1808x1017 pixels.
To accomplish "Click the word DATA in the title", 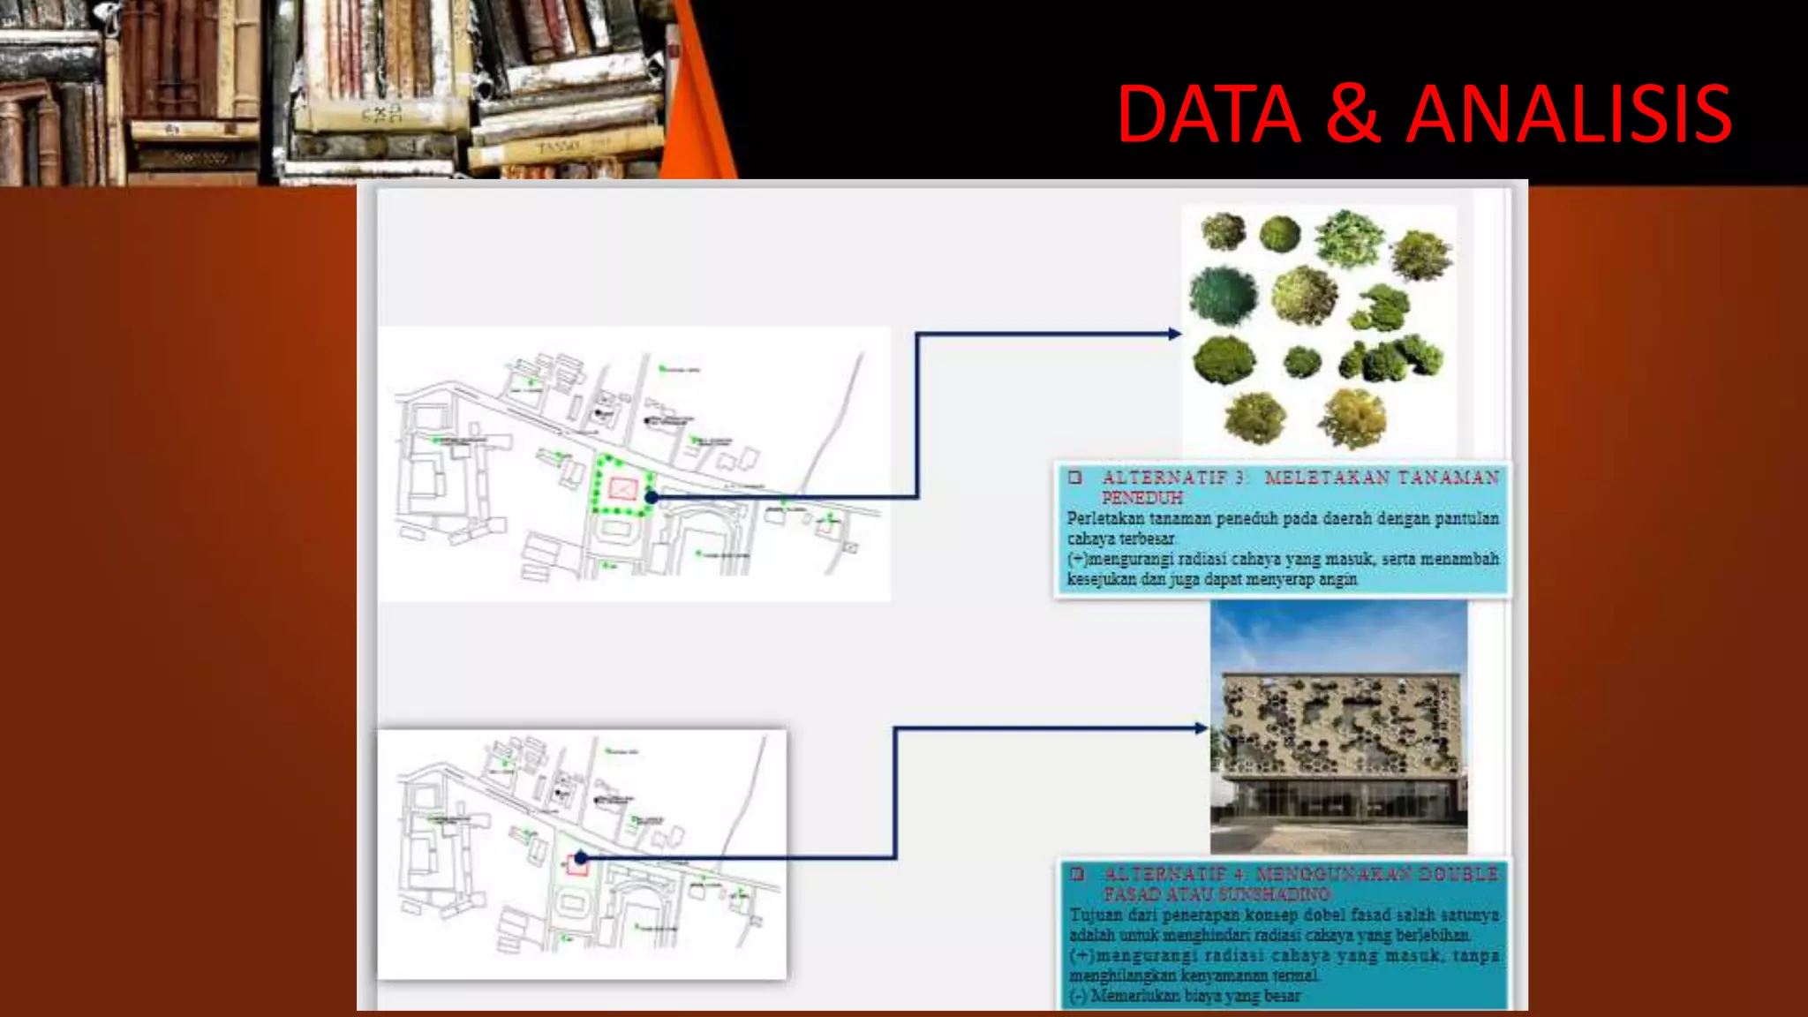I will tap(1209, 114).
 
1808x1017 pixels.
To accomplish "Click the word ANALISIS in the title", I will tap(1569, 114).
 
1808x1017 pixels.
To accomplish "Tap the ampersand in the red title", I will tap(1352, 114).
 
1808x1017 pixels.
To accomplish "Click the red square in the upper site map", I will tap(622, 488).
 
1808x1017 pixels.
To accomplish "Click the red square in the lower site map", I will tap(577, 865).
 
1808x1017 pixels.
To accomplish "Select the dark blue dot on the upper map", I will tap(652, 498).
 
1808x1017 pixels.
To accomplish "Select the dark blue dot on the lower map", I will tap(581, 857).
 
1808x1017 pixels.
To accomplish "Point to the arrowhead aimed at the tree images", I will tap(1174, 334).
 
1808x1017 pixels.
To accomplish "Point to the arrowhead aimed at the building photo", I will tap(1202, 728).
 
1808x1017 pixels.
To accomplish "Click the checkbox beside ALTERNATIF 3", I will tap(1074, 478).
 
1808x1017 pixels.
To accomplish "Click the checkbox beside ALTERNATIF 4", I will tap(1077, 874).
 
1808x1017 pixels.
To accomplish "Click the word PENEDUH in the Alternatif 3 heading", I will tap(1141, 498).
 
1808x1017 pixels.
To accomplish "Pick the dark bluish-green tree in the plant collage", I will tap(1224, 296).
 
